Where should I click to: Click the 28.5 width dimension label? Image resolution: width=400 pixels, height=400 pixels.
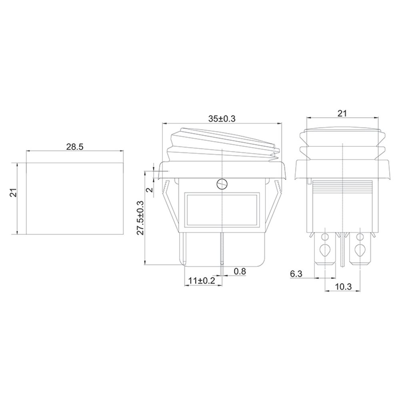pos(75,147)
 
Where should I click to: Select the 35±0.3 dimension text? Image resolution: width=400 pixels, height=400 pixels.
pos(222,119)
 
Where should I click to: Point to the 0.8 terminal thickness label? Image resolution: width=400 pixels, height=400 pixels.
pos(240,272)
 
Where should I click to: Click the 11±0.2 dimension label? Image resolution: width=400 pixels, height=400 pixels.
pos(202,281)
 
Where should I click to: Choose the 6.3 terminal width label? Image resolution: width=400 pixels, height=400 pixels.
pos(296,274)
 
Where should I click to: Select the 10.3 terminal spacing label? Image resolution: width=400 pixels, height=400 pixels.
pos(343,287)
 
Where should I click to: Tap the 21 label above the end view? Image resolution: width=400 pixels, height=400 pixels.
pos(342,113)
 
